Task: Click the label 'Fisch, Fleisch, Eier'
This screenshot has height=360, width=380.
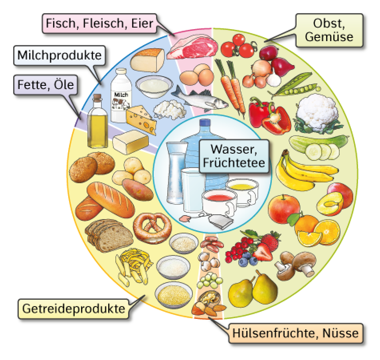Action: click(x=99, y=24)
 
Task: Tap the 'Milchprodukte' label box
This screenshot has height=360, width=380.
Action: click(x=59, y=55)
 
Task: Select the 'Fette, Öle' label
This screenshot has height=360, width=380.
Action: click(x=46, y=85)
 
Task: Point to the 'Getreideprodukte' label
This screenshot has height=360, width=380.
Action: click(x=73, y=309)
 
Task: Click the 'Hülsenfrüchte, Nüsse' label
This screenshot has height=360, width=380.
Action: click(x=296, y=333)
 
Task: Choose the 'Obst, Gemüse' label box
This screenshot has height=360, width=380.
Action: click(x=329, y=30)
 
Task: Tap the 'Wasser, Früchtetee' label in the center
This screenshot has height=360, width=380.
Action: click(x=234, y=156)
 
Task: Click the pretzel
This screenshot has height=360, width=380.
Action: click(x=152, y=227)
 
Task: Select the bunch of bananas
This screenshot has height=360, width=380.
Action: click(x=306, y=171)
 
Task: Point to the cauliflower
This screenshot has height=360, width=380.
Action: click(x=317, y=114)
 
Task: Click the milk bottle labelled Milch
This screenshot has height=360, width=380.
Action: click(x=121, y=95)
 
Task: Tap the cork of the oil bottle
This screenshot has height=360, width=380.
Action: click(x=97, y=98)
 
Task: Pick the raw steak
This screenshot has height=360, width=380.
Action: click(x=192, y=47)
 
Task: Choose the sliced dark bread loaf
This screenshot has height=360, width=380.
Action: click(x=109, y=235)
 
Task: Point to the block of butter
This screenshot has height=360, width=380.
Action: click(x=131, y=141)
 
